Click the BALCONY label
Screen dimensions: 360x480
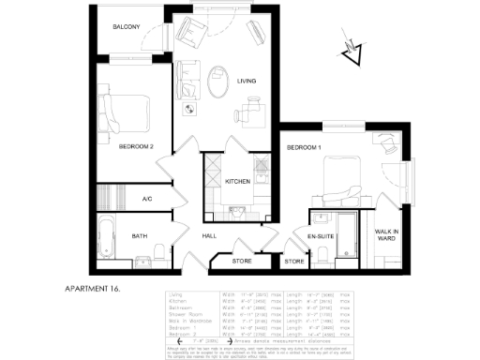coord(127,27)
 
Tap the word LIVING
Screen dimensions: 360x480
coord(247,82)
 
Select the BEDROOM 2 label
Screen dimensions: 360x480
coord(136,147)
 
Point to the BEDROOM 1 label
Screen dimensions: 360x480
coord(304,147)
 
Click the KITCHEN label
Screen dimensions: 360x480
coord(238,182)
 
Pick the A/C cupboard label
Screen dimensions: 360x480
coord(147,199)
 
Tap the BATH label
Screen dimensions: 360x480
coord(140,236)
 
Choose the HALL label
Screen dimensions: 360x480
coord(210,236)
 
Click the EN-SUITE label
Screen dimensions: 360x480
coord(322,236)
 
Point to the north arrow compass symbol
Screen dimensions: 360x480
coord(354,52)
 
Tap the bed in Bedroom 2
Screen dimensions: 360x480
coord(127,112)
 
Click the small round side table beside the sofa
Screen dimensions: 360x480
coord(190,110)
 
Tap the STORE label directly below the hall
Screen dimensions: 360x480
coord(242,261)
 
